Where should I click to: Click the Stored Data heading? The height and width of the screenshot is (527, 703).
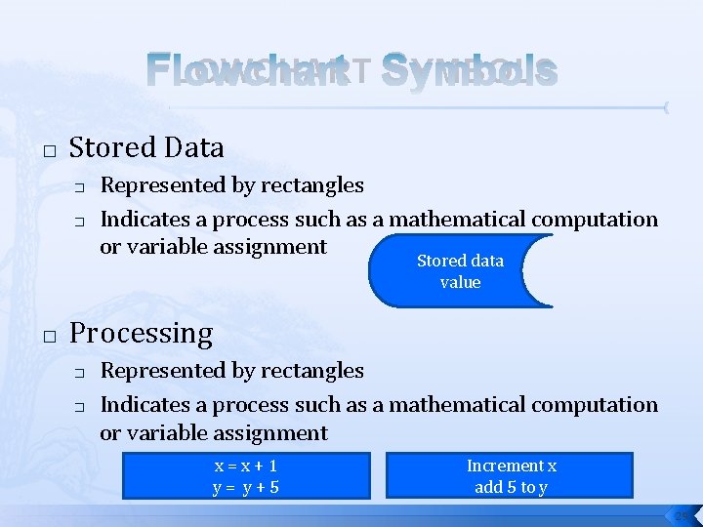[146, 148]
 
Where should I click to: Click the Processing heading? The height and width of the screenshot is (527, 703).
[141, 334]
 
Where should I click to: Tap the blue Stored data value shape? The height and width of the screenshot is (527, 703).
[460, 271]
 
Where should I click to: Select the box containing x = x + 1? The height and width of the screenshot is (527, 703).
[246, 474]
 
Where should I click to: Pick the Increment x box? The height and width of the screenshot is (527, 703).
[510, 474]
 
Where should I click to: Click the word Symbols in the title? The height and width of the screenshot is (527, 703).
[469, 70]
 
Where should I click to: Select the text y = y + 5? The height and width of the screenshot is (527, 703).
[246, 486]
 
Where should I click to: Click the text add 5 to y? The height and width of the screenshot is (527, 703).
[511, 487]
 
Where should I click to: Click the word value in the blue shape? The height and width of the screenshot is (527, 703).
[460, 282]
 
